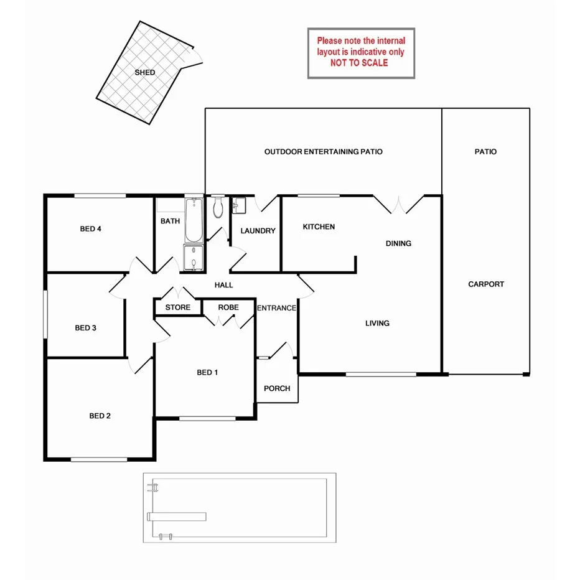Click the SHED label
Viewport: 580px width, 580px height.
click(145, 73)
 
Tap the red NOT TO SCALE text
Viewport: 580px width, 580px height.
click(359, 63)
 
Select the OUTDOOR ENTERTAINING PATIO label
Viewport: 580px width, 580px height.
click(323, 152)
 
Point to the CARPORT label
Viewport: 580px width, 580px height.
click(486, 284)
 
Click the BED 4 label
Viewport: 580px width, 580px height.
click(91, 229)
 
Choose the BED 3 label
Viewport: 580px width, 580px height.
click(85, 328)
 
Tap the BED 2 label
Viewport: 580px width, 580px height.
click(100, 416)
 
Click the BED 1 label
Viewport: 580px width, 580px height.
click(207, 373)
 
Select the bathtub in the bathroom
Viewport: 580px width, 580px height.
click(194, 220)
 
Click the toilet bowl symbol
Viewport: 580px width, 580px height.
click(218, 208)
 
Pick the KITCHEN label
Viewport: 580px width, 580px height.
click(319, 227)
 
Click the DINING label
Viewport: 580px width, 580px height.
click(398, 243)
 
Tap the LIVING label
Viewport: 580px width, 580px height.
click(377, 323)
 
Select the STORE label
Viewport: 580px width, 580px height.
click(178, 307)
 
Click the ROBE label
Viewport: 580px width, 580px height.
click(228, 307)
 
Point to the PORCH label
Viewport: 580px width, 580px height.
click(277, 389)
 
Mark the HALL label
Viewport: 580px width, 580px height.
click(223, 285)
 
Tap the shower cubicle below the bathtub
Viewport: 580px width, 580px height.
click(194, 258)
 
